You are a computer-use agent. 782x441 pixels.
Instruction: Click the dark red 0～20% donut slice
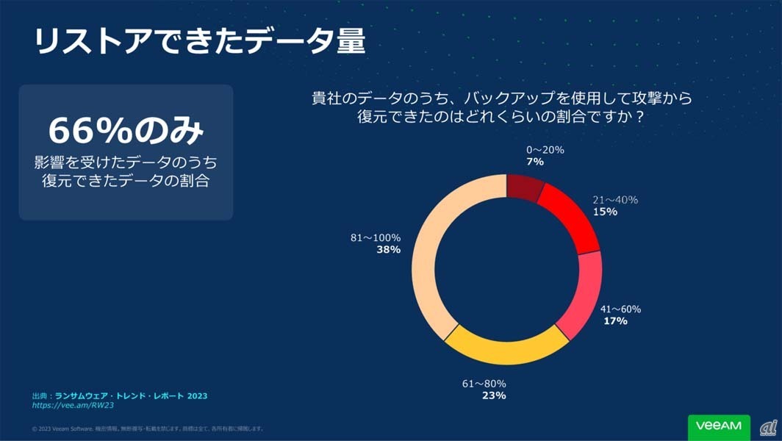point(524,187)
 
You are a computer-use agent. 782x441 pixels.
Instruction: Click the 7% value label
point(535,162)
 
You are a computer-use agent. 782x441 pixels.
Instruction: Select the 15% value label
point(605,212)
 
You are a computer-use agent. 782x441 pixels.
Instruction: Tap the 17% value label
point(615,321)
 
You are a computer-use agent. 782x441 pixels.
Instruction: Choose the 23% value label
point(494,395)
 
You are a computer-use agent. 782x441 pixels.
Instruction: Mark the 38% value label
point(388,250)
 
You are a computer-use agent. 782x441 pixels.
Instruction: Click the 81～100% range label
point(376,238)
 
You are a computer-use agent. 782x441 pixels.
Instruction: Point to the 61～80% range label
point(484,384)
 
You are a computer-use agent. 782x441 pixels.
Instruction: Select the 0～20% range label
point(545,150)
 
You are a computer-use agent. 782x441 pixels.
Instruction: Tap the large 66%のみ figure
point(126,131)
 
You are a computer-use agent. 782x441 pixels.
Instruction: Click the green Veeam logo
point(719,426)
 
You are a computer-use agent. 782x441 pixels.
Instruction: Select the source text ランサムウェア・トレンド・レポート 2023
point(131,395)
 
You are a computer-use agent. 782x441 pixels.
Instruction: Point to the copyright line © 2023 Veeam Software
point(147,429)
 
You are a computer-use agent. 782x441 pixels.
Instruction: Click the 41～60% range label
point(620,309)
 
